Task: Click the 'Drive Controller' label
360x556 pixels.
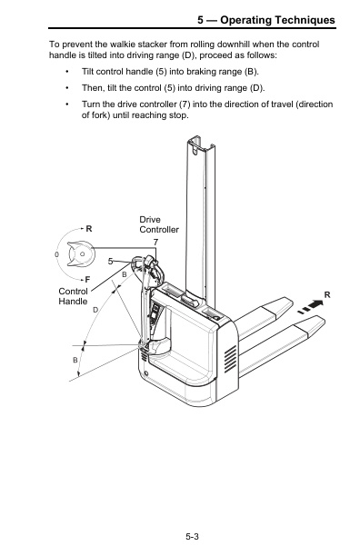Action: [x=158, y=225]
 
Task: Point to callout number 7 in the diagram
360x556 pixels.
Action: [x=155, y=242]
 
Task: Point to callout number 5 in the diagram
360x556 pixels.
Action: [x=111, y=261]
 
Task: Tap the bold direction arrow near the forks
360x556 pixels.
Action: [x=310, y=306]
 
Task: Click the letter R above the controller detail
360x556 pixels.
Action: [x=89, y=228]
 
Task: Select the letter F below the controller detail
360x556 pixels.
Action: [x=87, y=278]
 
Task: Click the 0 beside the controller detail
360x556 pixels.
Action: [x=56, y=254]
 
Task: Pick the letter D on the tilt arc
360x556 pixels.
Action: [x=95, y=310]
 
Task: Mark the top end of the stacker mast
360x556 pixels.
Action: [x=199, y=143]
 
